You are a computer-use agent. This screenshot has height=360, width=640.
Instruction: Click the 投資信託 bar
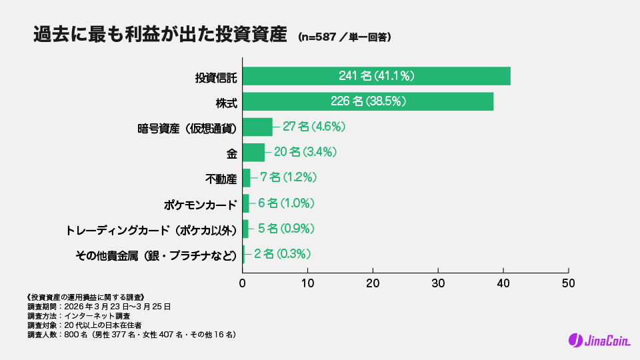(x=376, y=76)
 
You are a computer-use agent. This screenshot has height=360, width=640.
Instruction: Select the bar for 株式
(x=367, y=101)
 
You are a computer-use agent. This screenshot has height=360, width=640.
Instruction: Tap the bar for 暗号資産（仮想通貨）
(x=257, y=127)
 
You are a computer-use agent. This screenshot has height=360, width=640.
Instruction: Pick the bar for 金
(x=253, y=152)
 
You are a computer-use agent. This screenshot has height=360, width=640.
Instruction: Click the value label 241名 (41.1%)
(x=377, y=76)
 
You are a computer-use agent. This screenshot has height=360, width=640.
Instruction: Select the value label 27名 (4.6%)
(x=313, y=127)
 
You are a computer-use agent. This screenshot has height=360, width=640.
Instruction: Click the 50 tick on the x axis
(x=568, y=282)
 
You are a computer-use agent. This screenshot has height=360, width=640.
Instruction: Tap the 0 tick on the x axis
(x=243, y=282)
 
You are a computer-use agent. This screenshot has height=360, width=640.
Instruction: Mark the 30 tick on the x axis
(x=438, y=282)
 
